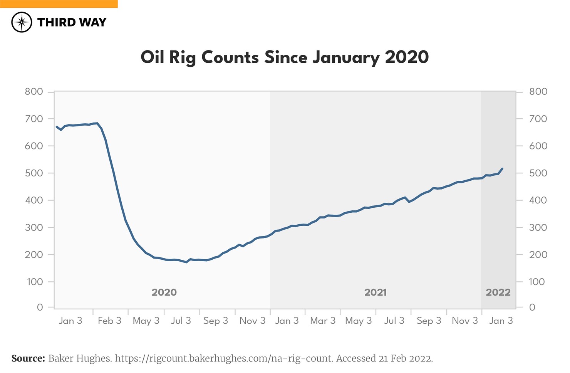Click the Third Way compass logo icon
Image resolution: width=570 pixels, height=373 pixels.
pyautogui.click(x=22, y=22)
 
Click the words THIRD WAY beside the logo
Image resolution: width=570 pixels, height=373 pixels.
pyautogui.click(x=72, y=22)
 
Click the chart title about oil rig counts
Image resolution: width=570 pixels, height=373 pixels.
pyautogui.click(x=285, y=57)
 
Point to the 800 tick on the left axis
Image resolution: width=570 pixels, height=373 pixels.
pyautogui.click(x=34, y=92)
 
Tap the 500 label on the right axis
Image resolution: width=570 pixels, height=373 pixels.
pyautogui.click(x=538, y=173)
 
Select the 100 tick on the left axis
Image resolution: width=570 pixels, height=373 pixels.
pyautogui.click(x=35, y=282)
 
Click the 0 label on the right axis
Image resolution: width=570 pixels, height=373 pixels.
pyautogui.click(x=532, y=307)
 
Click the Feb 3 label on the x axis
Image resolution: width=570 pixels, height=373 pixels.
pyautogui.click(x=109, y=321)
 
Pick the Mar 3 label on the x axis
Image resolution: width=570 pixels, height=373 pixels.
pyautogui.click(x=323, y=321)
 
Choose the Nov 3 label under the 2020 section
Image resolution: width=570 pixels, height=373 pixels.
pyautogui.click(x=252, y=321)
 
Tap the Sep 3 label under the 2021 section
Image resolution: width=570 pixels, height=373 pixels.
pyautogui.click(x=429, y=321)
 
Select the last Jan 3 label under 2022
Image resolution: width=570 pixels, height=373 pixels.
pyautogui.click(x=501, y=321)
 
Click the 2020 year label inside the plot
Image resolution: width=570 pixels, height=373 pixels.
pyautogui.click(x=164, y=292)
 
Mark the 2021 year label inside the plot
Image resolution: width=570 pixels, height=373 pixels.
pyautogui.click(x=376, y=292)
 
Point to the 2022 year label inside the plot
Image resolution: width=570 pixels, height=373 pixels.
pyautogui.click(x=498, y=292)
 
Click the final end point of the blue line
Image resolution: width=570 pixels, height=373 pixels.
pyautogui.click(x=503, y=168)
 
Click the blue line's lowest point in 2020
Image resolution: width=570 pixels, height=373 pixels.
pyautogui.click(x=186, y=262)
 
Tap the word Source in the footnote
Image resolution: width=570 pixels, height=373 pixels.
pyautogui.click(x=28, y=358)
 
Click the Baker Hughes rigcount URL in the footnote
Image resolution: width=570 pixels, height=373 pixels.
pyautogui.click(x=224, y=358)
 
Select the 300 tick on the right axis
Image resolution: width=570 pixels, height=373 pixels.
pyautogui.click(x=538, y=227)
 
